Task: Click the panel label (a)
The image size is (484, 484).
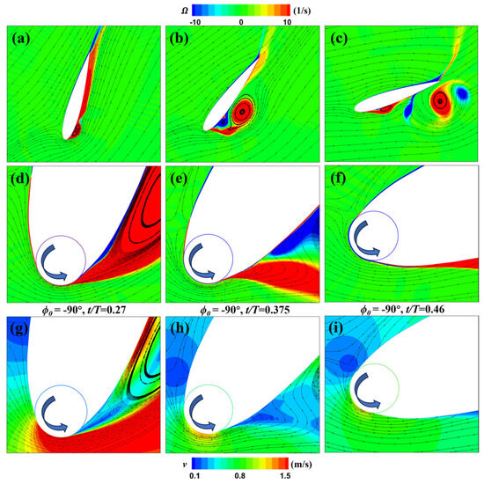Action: point(24,40)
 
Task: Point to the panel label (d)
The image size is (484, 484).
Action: point(24,187)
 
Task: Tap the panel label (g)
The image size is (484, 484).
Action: point(24,333)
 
